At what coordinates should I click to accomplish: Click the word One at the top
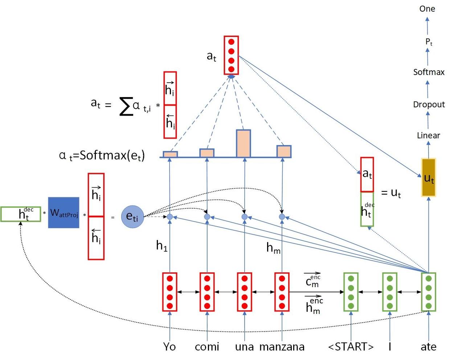(427, 9)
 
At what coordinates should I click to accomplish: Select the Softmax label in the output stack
(429, 72)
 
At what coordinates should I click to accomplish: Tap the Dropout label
(429, 104)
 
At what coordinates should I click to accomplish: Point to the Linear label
(428, 136)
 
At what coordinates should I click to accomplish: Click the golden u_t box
(429, 178)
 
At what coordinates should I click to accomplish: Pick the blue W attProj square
(64, 213)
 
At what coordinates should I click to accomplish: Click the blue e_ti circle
(132, 217)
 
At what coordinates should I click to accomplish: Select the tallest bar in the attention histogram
(244, 144)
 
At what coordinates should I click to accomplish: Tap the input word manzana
(282, 347)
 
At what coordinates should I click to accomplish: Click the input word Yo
(169, 347)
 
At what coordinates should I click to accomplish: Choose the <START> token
(351, 347)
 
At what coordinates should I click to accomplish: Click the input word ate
(428, 347)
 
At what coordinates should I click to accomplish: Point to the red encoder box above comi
(207, 292)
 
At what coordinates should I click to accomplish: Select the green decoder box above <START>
(351, 292)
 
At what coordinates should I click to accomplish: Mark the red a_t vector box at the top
(231, 55)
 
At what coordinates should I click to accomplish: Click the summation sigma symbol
(126, 107)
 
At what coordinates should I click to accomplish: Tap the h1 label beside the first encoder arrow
(161, 246)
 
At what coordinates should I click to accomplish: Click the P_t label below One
(429, 42)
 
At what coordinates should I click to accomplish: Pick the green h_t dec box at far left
(21, 214)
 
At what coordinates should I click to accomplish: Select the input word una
(244, 347)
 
